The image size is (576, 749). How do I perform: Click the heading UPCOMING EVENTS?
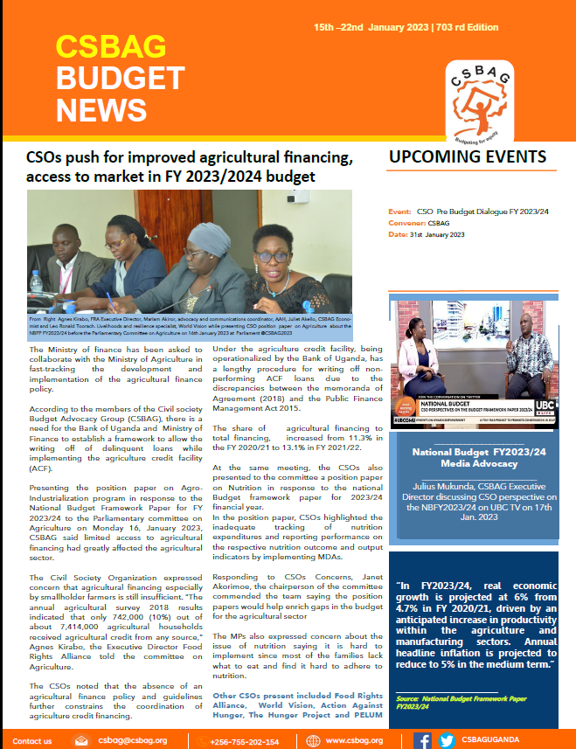click(468, 157)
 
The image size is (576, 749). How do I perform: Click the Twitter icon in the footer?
click(446, 741)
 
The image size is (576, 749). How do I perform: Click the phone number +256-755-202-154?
click(247, 741)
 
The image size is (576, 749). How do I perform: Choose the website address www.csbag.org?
click(354, 741)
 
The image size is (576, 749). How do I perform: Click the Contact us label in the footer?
click(32, 741)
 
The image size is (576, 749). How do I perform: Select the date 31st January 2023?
click(427, 235)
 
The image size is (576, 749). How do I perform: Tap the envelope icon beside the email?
click(81, 741)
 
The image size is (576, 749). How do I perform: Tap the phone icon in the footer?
click(195, 741)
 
